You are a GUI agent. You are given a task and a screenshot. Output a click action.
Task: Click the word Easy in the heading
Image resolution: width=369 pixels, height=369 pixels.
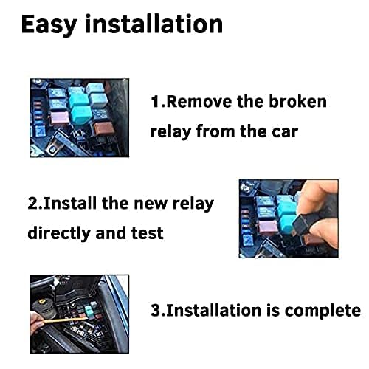pyautogui.click(x=49, y=24)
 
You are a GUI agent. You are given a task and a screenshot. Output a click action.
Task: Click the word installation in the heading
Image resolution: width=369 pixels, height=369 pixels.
pyautogui.click(x=154, y=24)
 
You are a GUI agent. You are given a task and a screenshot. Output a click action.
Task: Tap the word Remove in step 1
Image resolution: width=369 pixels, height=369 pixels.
pyautogui.click(x=199, y=101)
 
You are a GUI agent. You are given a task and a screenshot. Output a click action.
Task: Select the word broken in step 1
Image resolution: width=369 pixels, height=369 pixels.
pyautogui.click(x=297, y=101)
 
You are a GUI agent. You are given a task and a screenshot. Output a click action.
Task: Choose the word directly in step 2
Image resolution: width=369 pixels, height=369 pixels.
pyautogui.click(x=59, y=232)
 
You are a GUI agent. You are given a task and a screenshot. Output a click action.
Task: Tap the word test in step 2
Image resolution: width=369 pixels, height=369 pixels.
pyautogui.click(x=147, y=233)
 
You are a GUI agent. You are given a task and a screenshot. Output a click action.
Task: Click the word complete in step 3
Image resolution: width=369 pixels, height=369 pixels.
pyautogui.click(x=323, y=310)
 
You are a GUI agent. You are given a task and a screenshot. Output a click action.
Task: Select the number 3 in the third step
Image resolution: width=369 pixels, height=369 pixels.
pyautogui.click(x=156, y=310)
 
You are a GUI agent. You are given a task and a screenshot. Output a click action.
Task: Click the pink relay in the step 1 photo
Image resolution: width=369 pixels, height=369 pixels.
pyautogui.click(x=60, y=118)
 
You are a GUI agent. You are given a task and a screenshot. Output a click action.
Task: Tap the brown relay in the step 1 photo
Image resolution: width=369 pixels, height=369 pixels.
pyautogui.click(x=104, y=128)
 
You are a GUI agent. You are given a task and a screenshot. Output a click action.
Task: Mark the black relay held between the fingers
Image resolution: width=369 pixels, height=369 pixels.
pyautogui.click(x=302, y=224)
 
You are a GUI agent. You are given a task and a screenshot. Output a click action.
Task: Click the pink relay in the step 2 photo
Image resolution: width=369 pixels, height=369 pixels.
pyautogui.click(x=268, y=227)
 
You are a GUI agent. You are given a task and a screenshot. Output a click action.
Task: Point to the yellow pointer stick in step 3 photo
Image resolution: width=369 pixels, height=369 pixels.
pyautogui.click(x=65, y=320)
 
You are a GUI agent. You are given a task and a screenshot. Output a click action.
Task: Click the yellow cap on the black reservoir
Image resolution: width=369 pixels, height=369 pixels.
pyautogui.click(x=41, y=301)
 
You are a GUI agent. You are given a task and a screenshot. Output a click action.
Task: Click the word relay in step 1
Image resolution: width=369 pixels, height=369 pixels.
pyautogui.click(x=170, y=132)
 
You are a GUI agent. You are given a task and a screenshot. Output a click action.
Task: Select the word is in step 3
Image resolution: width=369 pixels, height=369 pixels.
pyautogui.click(x=273, y=310)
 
